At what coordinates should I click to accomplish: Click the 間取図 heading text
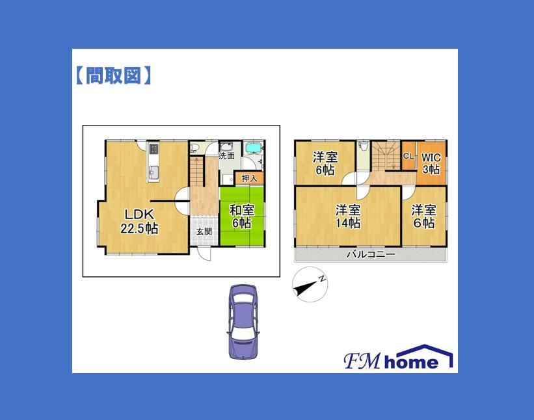click(x=113, y=75)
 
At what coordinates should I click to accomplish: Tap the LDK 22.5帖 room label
click(x=139, y=221)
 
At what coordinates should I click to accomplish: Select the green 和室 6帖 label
click(x=242, y=216)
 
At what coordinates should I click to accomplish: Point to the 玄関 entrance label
click(x=204, y=231)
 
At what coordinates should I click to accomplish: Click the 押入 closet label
click(x=249, y=178)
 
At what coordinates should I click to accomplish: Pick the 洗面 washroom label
click(x=226, y=156)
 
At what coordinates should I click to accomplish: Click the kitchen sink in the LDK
click(x=154, y=172)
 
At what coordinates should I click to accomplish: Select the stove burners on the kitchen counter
click(x=154, y=148)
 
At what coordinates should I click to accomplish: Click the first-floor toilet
click(x=194, y=148)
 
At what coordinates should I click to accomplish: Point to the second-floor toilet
click(x=364, y=146)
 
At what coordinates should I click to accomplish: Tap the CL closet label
click(x=408, y=156)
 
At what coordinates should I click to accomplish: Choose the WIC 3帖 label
click(x=431, y=163)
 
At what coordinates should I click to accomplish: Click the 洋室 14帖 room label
click(x=348, y=217)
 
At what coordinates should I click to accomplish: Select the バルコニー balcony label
click(x=371, y=254)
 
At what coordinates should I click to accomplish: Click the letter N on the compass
click(x=321, y=279)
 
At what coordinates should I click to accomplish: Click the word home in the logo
click(x=411, y=361)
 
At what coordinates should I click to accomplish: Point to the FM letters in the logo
click(x=362, y=361)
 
